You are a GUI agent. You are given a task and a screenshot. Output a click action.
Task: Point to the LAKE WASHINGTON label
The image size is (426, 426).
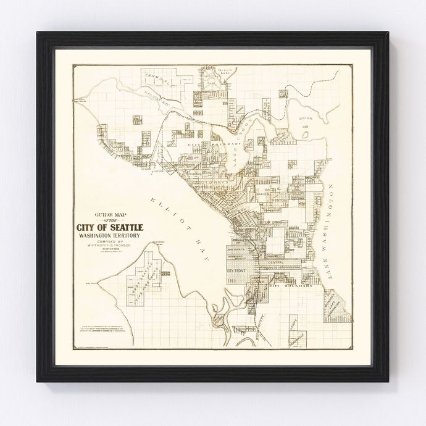[332, 232]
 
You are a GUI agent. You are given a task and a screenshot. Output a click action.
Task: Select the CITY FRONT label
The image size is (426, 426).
[237, 272]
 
